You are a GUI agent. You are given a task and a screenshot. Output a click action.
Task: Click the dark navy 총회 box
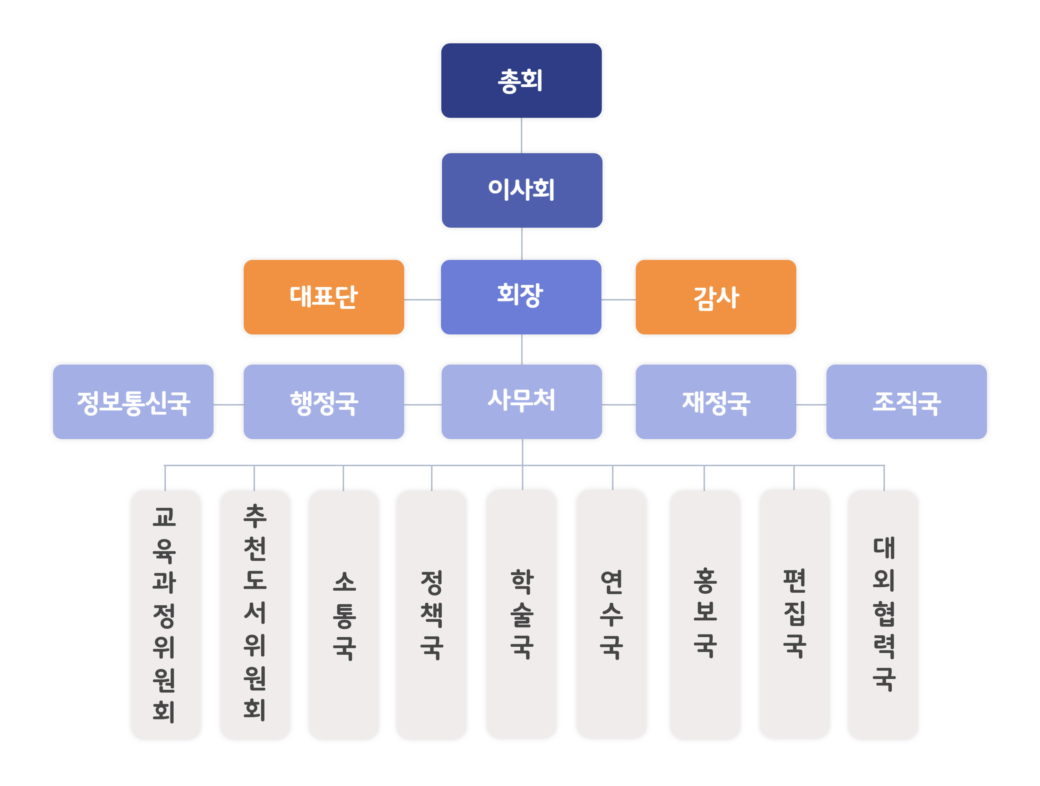coord(521,80)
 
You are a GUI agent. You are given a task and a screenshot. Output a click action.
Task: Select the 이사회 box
coord(522,190)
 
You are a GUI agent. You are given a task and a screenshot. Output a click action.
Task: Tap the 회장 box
coord(521,297)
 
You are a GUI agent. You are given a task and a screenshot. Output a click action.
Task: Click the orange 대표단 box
coord(324,297)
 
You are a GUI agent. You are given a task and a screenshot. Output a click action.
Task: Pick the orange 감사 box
coord(716,297)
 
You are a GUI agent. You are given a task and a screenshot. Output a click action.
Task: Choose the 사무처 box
coord(522,402)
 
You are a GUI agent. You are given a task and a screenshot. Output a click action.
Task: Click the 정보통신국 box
coord(133,402)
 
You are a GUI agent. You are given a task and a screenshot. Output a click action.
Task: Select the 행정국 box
coord(324,402)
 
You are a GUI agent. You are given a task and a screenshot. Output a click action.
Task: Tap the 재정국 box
coord(716,402)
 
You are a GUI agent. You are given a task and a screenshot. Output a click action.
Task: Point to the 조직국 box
coord(907,402)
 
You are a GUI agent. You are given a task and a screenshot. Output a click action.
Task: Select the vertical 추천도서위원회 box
coord(255,614)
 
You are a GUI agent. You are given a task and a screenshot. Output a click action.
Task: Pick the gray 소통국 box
coord(344,614)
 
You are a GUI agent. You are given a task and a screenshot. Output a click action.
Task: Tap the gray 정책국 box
coord(432,614)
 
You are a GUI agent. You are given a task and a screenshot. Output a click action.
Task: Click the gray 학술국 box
coord(521,614)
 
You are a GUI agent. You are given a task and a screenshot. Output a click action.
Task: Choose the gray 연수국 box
coord(612,614)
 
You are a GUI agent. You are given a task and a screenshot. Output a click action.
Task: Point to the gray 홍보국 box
coord(705,614)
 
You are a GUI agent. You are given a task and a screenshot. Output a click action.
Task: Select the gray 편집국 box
coord(795,614)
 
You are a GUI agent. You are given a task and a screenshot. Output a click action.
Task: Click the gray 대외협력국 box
coord(883,614)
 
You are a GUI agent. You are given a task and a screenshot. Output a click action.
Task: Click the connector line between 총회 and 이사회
coord(521,136)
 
